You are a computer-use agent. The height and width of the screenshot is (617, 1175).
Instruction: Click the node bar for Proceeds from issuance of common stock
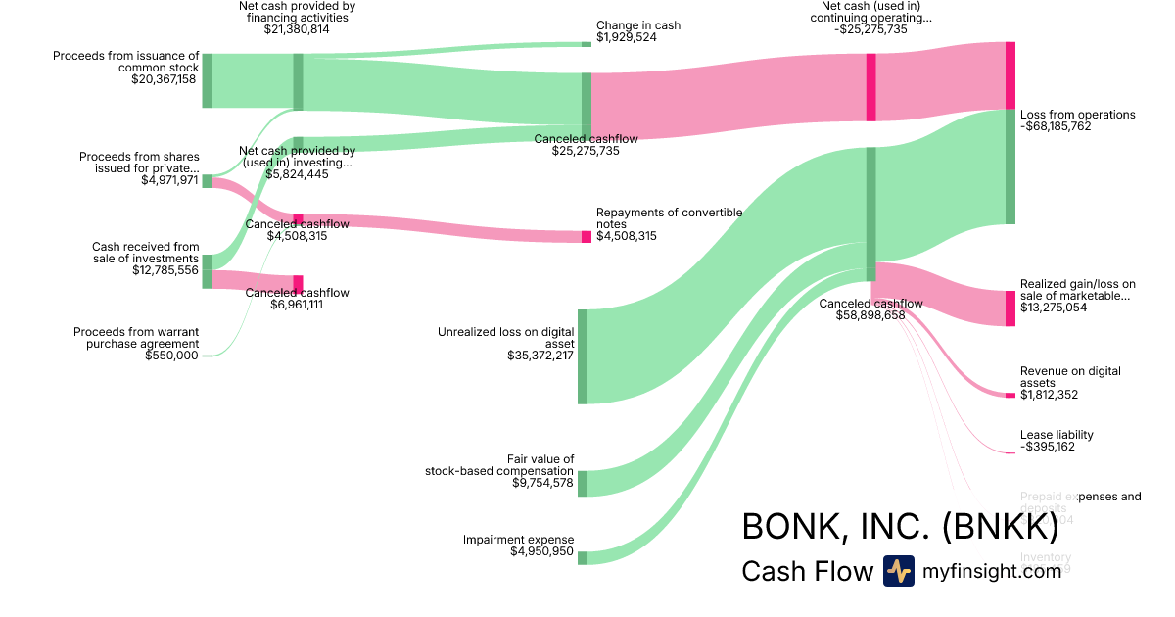(207, 80)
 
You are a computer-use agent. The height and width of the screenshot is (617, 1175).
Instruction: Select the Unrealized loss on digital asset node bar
(583, 356)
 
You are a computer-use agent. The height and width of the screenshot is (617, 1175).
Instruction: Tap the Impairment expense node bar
(583, 558)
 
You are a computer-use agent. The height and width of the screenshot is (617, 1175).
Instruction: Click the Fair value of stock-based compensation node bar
(583, 483)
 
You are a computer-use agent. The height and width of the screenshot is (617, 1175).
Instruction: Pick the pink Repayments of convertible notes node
(587, 237)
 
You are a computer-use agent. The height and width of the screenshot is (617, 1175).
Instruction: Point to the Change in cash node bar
(587, 44)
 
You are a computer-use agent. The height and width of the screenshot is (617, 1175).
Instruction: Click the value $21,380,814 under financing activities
(298, 29)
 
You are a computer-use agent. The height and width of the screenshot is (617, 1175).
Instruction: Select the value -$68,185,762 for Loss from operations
(1056, 127)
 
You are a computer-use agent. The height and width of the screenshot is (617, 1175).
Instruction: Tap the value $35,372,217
(535, 356)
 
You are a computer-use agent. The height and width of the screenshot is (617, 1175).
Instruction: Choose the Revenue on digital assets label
(1070, 377)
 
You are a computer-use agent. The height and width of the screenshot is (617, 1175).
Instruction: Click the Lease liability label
(1057, 435)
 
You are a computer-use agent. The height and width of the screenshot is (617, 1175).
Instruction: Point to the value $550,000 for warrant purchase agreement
(171, 356)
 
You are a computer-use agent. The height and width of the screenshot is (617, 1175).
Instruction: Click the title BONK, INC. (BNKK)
(900, 526)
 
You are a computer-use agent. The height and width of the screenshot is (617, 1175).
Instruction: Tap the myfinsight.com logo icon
(898, 571)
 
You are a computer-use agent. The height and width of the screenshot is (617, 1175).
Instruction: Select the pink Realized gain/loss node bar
(1010, 308)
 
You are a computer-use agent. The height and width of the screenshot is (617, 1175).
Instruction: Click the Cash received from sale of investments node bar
(207, 271)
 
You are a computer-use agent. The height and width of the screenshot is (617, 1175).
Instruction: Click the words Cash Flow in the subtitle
(807, 571)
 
